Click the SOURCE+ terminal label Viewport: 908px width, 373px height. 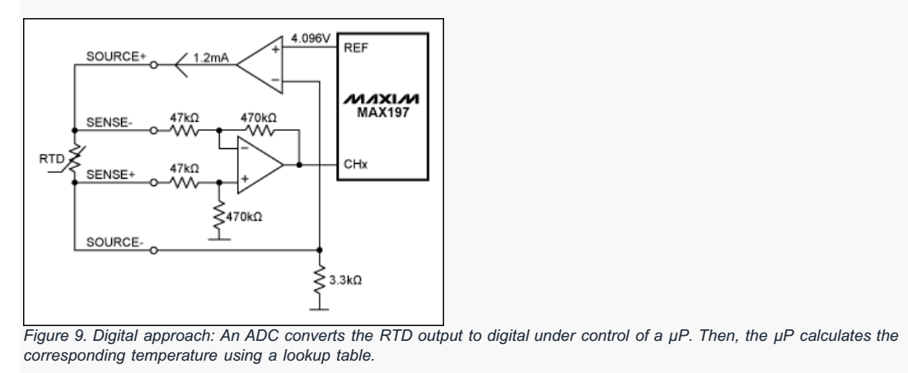click(112, 56)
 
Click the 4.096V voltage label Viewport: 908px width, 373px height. click(312, 37)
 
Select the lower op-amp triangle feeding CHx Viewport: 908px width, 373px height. click(259, 165)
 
